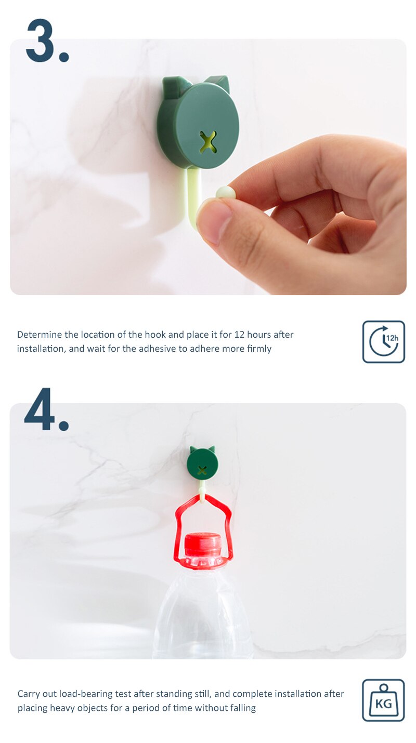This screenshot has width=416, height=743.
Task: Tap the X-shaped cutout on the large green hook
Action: coord(208,142)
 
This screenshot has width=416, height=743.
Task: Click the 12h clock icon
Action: coord(383,341)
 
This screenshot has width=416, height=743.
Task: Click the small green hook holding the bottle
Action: coord(202,462)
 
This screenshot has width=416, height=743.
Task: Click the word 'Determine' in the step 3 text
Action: coord(40,335)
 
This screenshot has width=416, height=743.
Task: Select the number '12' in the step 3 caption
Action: coord(239,335)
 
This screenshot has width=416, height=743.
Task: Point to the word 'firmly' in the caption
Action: coord(258,349)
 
